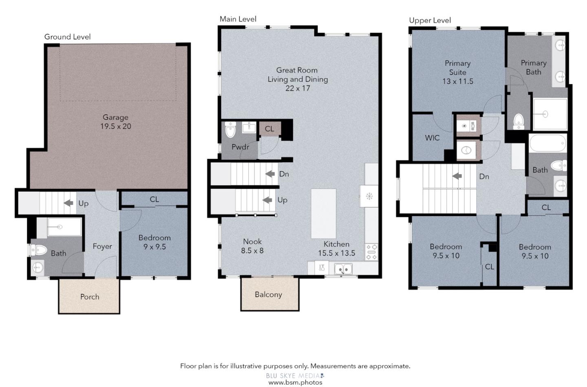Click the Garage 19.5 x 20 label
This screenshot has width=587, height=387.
click(x=115, y=122)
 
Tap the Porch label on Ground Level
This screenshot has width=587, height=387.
click(x=89, y=297)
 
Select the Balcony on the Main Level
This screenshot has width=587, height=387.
click(x=268, y=295)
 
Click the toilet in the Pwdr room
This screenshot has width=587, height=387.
click(x=230, y=130)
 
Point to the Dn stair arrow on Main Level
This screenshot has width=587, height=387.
click(x=270, y=174)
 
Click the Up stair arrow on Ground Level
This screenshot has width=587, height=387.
click(x=69, y=203)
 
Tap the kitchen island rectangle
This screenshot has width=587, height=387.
click(x=323, y=213)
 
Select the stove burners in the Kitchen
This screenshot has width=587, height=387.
click(x=372, y=252)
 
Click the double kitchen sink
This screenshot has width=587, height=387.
click(x=343, y=269)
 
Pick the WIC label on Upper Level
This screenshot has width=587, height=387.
click(x=432, y=138)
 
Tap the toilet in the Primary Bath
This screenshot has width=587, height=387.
click(x=518, y=120)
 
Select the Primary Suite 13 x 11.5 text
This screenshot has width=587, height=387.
click(x=457, y=72)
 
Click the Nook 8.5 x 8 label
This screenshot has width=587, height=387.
click(x=252, y=246)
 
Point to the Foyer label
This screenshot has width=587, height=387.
click(x=102, y=246)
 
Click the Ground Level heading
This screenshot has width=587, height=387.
click(x=67, y=37)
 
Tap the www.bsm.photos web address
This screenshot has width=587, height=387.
click(x=295, y=383)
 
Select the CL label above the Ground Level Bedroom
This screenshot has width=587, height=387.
click(x=154, y=199)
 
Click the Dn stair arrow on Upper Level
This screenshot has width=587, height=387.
click(x=457, y=176)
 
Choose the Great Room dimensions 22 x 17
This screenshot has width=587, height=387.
click(x=298, y=88)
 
